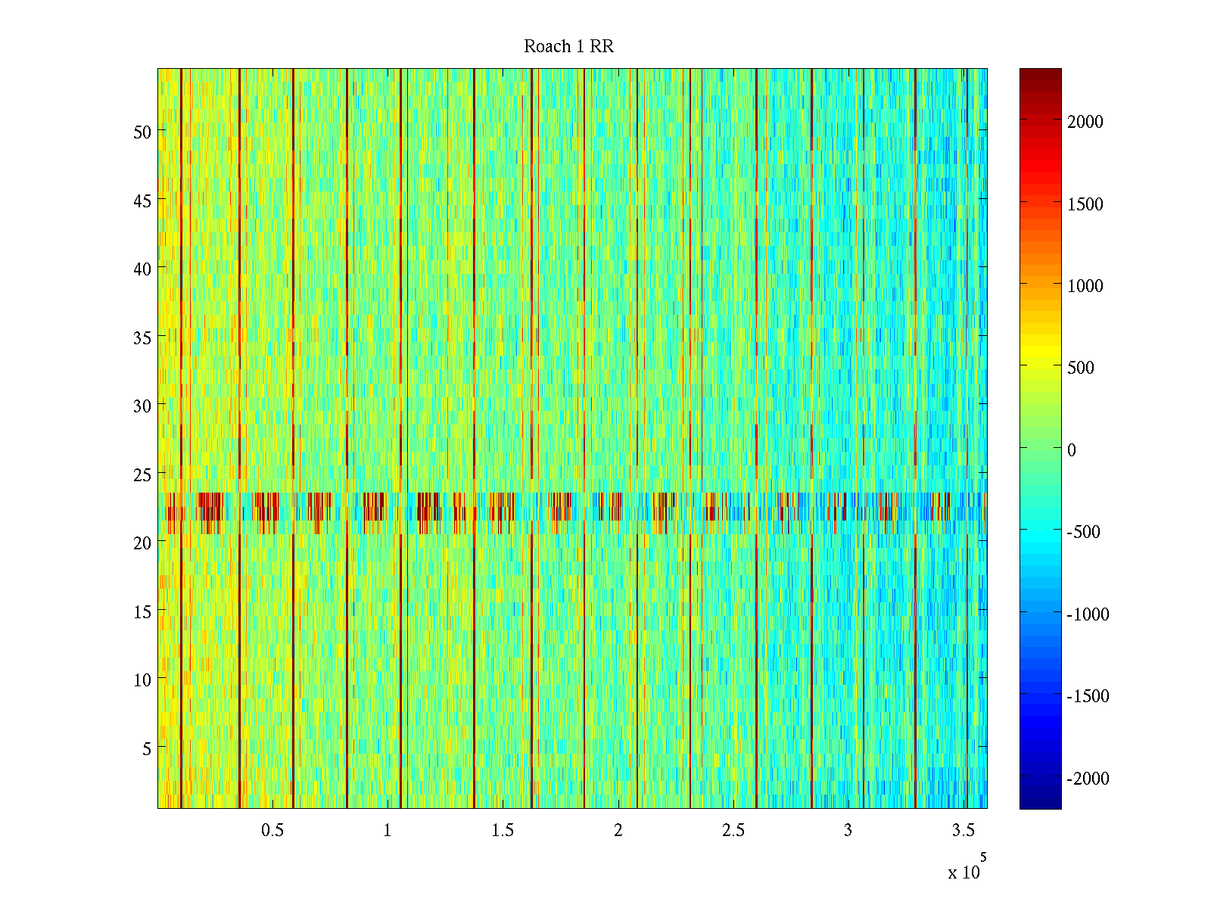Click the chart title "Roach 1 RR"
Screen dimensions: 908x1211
568,47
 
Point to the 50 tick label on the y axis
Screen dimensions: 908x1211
142,132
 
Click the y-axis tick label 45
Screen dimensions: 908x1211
142,201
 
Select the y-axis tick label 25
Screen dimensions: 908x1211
142,474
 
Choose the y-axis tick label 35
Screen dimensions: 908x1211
142,337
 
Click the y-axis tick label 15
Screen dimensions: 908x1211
142,611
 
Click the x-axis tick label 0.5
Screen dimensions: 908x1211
272,831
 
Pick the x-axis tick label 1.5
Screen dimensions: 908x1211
503,831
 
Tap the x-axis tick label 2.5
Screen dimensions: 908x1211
733,831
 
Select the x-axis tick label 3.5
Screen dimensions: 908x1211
964,831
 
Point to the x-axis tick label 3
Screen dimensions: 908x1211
848,831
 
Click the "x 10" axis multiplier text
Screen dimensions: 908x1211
964,872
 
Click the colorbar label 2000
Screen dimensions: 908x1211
1085,122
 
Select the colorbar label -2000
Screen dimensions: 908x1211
1088,779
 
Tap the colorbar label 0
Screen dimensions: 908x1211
1072,450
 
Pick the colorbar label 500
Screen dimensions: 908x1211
1081,368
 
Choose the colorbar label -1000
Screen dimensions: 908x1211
1088,614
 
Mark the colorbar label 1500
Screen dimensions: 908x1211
1085,204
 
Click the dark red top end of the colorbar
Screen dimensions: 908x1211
1040,73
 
